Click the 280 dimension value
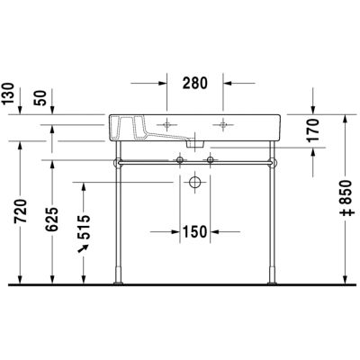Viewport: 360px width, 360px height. [195, 83]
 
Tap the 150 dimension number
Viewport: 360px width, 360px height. [194, 231]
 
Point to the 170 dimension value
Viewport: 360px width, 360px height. [312, 130]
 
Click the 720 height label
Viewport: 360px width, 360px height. [22, 211]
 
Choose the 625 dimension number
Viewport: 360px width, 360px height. [52, 220]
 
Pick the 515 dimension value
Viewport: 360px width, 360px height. [84, 227]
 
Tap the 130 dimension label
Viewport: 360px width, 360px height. [8, 94]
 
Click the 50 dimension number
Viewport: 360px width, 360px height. [40, 97]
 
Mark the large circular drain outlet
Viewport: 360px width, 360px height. [195, 182]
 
